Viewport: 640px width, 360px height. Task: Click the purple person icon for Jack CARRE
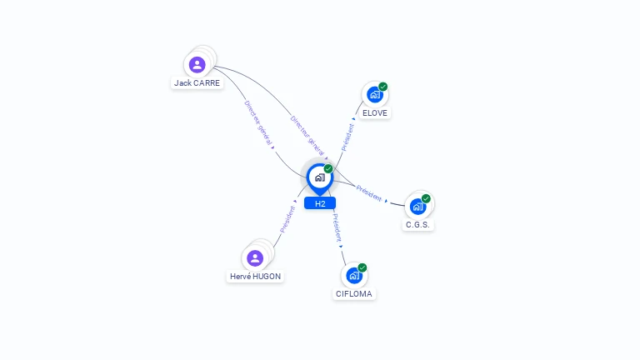click(x=197, y=64)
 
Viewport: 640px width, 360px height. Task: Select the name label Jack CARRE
click(x=197, y=83)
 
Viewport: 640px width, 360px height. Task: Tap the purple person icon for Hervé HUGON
click(x=255, y=257)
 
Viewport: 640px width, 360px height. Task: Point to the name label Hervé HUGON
click(x=255, y=277)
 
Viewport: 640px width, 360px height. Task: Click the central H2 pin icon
click(x=319, y=177)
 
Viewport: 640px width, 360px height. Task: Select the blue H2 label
click(x=320, y=203)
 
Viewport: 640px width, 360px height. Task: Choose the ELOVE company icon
click(x=374, y=95)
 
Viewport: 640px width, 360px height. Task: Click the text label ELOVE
click(x=375, y=113)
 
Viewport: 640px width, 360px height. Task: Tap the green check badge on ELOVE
click(x=383, y=87)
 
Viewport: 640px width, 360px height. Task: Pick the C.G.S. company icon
click(x=417, y=206)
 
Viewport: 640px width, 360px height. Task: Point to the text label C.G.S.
click(x=418, y=224)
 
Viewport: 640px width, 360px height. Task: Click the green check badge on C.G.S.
click(x=426, y=198)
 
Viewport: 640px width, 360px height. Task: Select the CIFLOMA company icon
click(x=354, y=275)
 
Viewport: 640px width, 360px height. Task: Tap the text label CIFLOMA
click(x=355, y=294)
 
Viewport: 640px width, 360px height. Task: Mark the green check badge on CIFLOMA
click(x=362, y=267)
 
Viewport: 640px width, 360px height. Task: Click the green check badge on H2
click(x=328, y=168)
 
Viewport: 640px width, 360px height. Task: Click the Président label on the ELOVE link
click(x=347, y=137)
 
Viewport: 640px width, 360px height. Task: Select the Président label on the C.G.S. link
click(x=369, y=193)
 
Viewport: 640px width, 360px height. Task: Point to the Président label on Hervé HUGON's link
click(x=288, y=218)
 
